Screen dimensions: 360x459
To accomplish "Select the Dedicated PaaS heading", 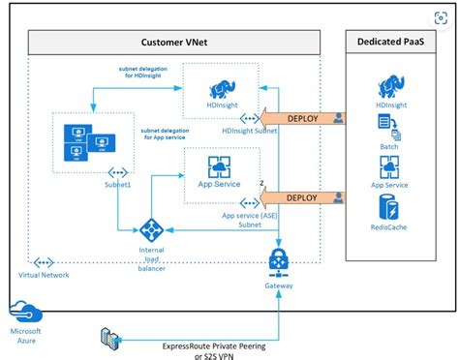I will coord(395,42).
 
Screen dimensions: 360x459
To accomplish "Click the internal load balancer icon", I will coord(151,231).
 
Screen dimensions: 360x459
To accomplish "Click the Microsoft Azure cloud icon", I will coord(24,312).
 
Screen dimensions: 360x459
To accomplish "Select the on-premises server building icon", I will coord(111,338).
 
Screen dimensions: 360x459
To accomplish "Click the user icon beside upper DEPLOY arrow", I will coord(337,117).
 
